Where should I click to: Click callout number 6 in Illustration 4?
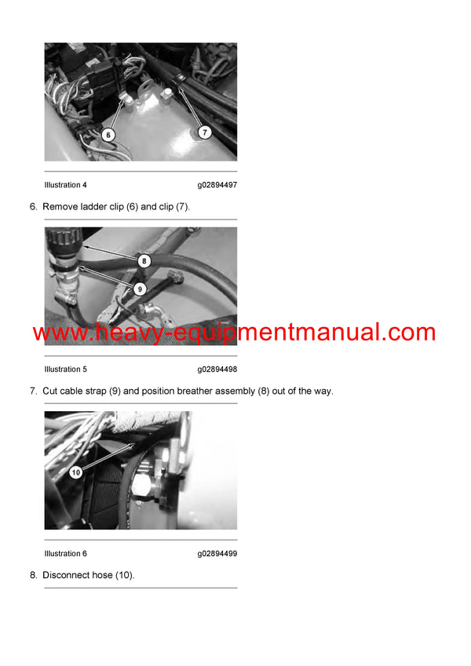[x=109, y=135]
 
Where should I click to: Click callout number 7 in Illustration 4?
[x=203, y=133]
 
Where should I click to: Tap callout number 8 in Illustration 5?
[x=144, y=260]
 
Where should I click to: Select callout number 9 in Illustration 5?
[x=140, y=289]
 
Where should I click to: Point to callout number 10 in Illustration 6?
[x=75, y=472]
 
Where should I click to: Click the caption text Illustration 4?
[x=66, y=185]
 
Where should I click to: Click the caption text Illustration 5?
[x=66, y=369]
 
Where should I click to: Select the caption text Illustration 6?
[x=66, y=554]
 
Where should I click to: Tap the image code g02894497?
[x=217, y=185]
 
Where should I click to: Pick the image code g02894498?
[x=217, y=369]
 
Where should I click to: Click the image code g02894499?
[x=217, y=554]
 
